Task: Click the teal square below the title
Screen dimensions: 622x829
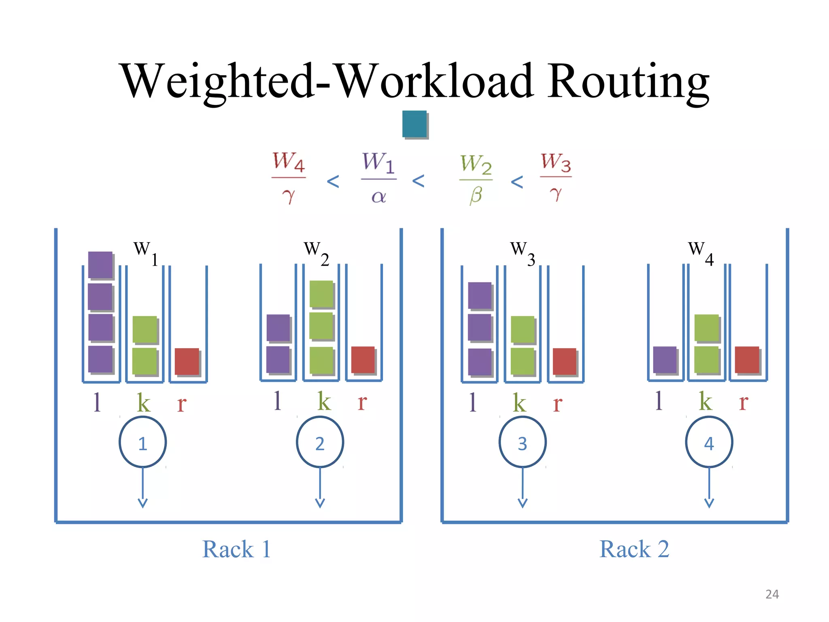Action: click(414, 124)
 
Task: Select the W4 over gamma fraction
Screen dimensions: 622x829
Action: click(289, 177)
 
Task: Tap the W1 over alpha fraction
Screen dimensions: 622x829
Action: click(378, 177)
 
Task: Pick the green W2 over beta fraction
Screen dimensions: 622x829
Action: click(476, 178)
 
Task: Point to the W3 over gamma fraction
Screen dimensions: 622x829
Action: click(556, 177)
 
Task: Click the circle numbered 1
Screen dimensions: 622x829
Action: click(142, 442)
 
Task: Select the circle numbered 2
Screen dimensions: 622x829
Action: click(320, 442)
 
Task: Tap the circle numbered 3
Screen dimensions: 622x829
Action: click(522, 442)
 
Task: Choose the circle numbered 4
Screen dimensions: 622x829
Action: click(709, 442)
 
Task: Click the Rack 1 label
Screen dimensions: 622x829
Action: click(236, 550)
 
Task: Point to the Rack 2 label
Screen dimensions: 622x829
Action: click(634, 550)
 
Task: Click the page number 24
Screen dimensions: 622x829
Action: click(772, 594)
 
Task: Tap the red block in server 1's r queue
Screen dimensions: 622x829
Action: click(187, 361)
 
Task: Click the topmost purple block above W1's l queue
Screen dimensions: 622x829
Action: click(100, 265)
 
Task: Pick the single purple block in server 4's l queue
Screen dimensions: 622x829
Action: click(665, 360)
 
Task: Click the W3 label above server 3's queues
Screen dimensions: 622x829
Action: click(522, 253)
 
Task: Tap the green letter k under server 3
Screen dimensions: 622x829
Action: click(519, 402)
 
